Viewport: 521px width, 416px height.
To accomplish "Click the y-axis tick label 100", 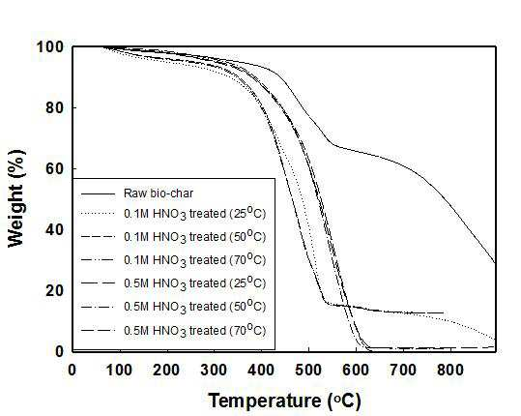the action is coord(50,47).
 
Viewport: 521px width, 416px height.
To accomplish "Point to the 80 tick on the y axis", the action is coord(55,107).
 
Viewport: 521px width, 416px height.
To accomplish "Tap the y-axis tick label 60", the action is coord(55,169).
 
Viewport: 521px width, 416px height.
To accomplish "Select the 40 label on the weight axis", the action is coord(55,229).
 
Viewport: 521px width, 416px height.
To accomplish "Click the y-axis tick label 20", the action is coord(55,290).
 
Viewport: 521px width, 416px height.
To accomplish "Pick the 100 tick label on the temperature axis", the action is coord(119,370).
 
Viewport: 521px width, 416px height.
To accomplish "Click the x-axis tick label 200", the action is coord(167,370).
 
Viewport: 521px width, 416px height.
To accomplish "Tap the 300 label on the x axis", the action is coord(214,370).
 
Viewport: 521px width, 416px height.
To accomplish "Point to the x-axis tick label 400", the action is coord(261,370).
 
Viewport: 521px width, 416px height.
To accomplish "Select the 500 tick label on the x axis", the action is coord(308,370).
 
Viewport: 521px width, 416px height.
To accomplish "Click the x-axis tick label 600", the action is coord(356,370).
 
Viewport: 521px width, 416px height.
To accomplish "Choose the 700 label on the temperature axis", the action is coord(403,370).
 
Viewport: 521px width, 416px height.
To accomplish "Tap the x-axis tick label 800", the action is coord(450,370).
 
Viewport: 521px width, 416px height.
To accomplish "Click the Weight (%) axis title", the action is coord(15,198).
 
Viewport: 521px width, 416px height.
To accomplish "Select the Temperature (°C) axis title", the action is coord(285,401).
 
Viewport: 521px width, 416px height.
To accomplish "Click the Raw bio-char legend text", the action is coord(159,193).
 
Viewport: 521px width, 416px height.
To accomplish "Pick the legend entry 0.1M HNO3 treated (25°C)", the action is coord(195,213).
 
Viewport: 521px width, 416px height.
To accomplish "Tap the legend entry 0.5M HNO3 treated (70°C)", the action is coord(195,330).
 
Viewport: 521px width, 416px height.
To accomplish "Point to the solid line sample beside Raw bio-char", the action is coord(98,193).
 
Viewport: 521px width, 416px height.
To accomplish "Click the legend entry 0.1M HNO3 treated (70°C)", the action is coord(195,259).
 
